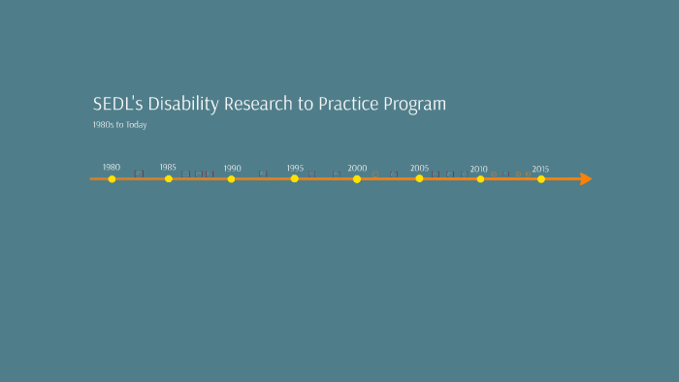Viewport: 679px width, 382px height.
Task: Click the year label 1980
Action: (x=112, y=167)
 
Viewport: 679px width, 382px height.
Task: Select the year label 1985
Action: (x=168, y=167)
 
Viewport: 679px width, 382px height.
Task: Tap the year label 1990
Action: (x=232, y=168)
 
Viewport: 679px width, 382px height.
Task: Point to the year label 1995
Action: (x=295, y=168)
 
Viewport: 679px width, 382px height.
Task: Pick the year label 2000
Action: (x=357, y=168)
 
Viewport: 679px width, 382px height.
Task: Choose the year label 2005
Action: (x=419, y=168)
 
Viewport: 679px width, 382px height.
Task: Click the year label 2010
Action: (x=479, y=169)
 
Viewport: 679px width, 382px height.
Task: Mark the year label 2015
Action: (x=540, y=169)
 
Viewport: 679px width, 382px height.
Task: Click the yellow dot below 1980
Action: (x=112, y=179)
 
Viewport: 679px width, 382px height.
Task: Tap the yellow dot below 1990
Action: (x=231, y=179)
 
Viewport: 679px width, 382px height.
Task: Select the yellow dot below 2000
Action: (x=357, y=179)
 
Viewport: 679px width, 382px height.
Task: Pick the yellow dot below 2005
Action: (x=419, y=179)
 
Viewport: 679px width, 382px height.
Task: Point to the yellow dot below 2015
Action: (x=541, y=179)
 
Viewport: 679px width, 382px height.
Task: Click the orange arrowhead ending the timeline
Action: (x=585, y=179)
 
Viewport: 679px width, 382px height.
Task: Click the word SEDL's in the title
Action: (x=115, y=104)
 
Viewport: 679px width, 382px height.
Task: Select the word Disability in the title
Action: (x=180, y=104)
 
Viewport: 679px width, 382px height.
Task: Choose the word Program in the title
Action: (x=415, y=105)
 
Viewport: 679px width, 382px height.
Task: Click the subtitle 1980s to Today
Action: (x=119, y=125)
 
